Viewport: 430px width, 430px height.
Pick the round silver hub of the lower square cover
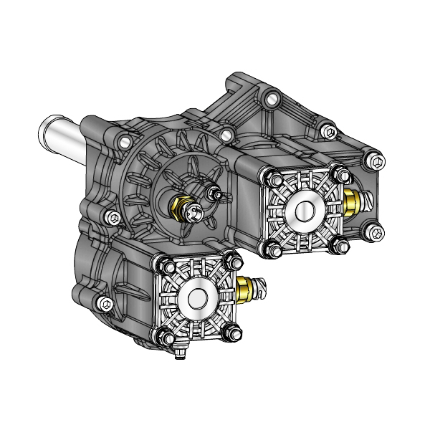point(196,295)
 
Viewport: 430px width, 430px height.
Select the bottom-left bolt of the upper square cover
point(273,249)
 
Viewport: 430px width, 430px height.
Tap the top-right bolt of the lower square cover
point(229,259)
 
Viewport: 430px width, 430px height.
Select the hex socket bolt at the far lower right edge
point(375,230)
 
